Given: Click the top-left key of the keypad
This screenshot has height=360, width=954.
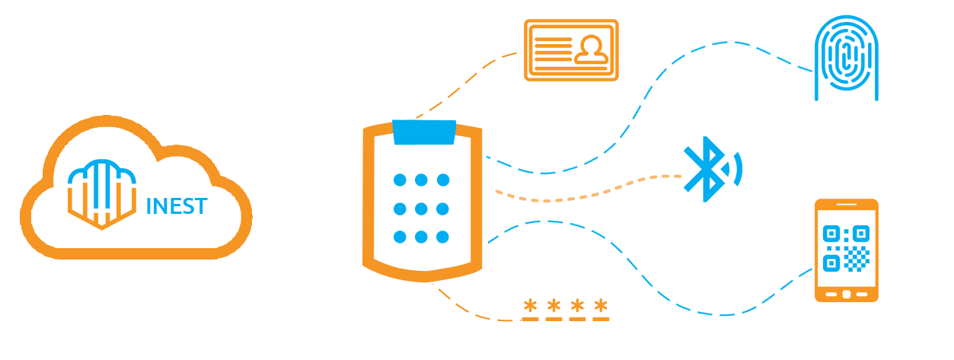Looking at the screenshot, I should [400, 180].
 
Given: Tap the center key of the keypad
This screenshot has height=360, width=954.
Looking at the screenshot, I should [421, 209].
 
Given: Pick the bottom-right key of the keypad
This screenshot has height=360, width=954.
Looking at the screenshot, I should [442, 237].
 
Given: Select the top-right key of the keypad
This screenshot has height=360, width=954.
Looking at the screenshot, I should [442, 180].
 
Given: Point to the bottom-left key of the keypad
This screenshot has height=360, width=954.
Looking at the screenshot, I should [400, 237].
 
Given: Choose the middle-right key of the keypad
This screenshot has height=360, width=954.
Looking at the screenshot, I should [442, 209].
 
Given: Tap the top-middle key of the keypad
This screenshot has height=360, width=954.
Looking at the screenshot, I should [421, 180].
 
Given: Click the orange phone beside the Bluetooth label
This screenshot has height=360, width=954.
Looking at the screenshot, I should [846, 250].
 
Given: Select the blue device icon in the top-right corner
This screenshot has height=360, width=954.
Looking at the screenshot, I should [846, 59].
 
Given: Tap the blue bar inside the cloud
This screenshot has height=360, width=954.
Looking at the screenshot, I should [177, 205].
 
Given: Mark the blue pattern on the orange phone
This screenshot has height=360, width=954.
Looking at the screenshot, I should [846, 248].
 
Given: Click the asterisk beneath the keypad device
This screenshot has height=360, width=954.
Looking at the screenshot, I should [530, 307].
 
